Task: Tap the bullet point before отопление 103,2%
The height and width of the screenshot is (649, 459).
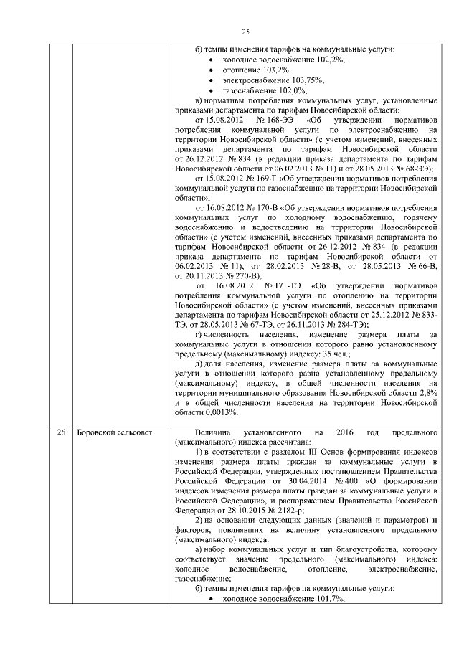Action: (209, 70)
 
